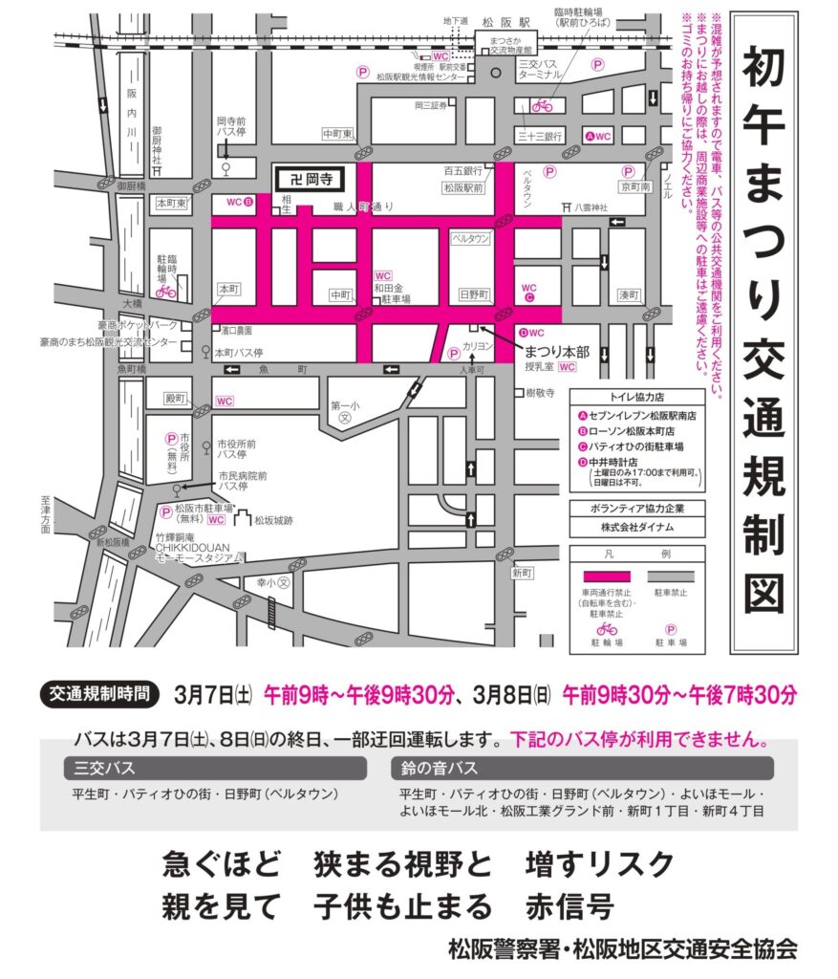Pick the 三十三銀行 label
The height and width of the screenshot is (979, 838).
(x=540, y=136)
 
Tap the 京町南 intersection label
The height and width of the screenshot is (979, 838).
(x=634, y=185)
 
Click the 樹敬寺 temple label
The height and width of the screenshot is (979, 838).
(x=540, y=393)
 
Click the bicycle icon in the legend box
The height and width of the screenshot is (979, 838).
(x=606, y=629)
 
